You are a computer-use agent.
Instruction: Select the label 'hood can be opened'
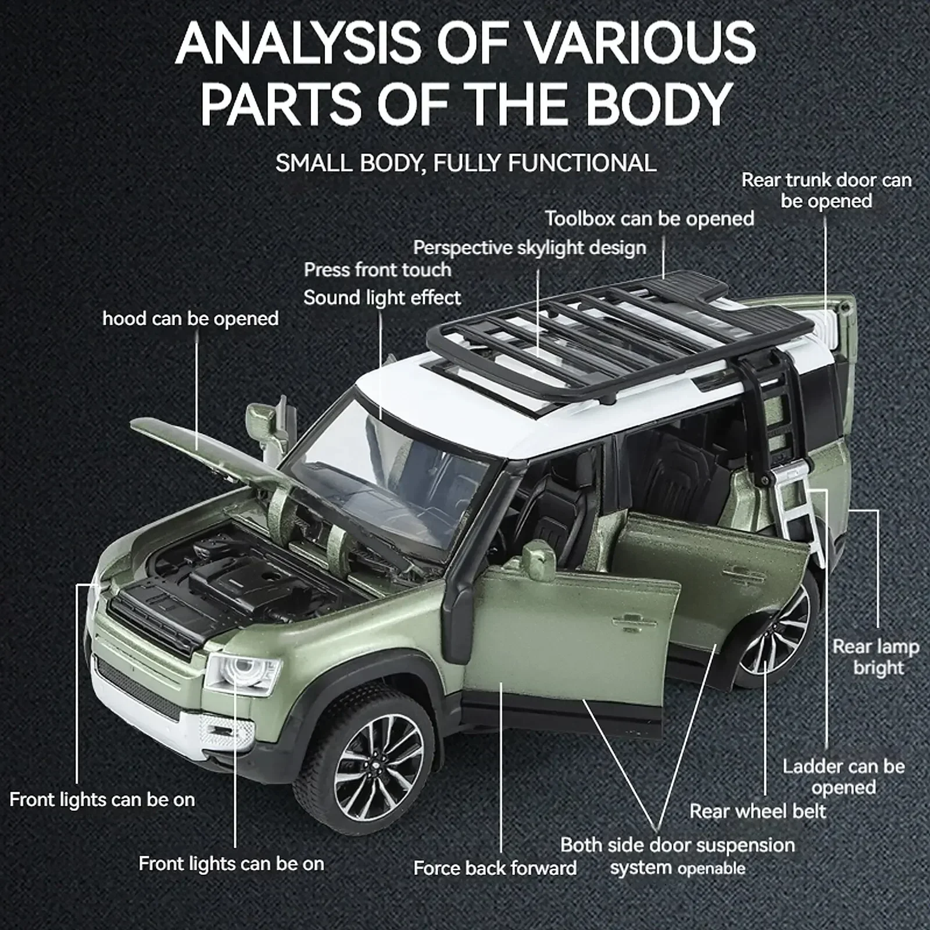190,319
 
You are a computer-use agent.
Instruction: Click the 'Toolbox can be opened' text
649,219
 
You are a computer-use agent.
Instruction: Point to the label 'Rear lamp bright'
875,657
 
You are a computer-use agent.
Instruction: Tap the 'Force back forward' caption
495,868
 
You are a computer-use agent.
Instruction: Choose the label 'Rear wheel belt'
757,811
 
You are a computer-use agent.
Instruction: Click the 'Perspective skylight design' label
530,248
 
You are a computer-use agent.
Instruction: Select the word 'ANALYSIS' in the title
298,44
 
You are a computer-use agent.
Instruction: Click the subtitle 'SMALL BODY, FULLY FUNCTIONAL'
466,163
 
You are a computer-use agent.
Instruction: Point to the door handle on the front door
635,625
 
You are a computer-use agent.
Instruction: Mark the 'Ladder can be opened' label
843,777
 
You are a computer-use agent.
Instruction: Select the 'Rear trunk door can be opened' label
826,191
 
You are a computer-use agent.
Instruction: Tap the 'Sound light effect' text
382,298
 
